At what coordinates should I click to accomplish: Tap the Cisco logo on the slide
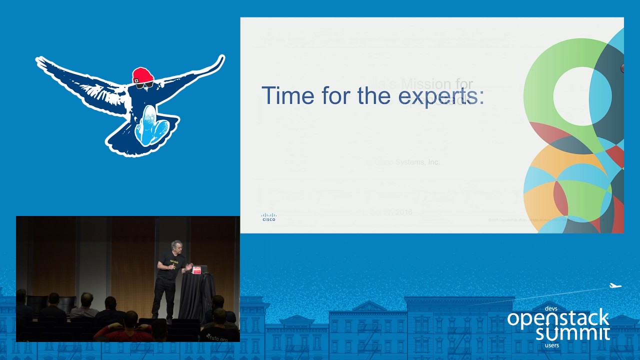[268, 217]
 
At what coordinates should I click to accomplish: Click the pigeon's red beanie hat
[143, 75]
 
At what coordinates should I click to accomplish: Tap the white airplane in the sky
[614, 286]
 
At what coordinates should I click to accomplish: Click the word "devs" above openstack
[551, 309]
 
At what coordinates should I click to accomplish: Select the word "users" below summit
[552, 345]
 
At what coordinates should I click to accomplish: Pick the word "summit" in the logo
[572, 333]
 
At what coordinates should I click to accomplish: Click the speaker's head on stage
[176, 246]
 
